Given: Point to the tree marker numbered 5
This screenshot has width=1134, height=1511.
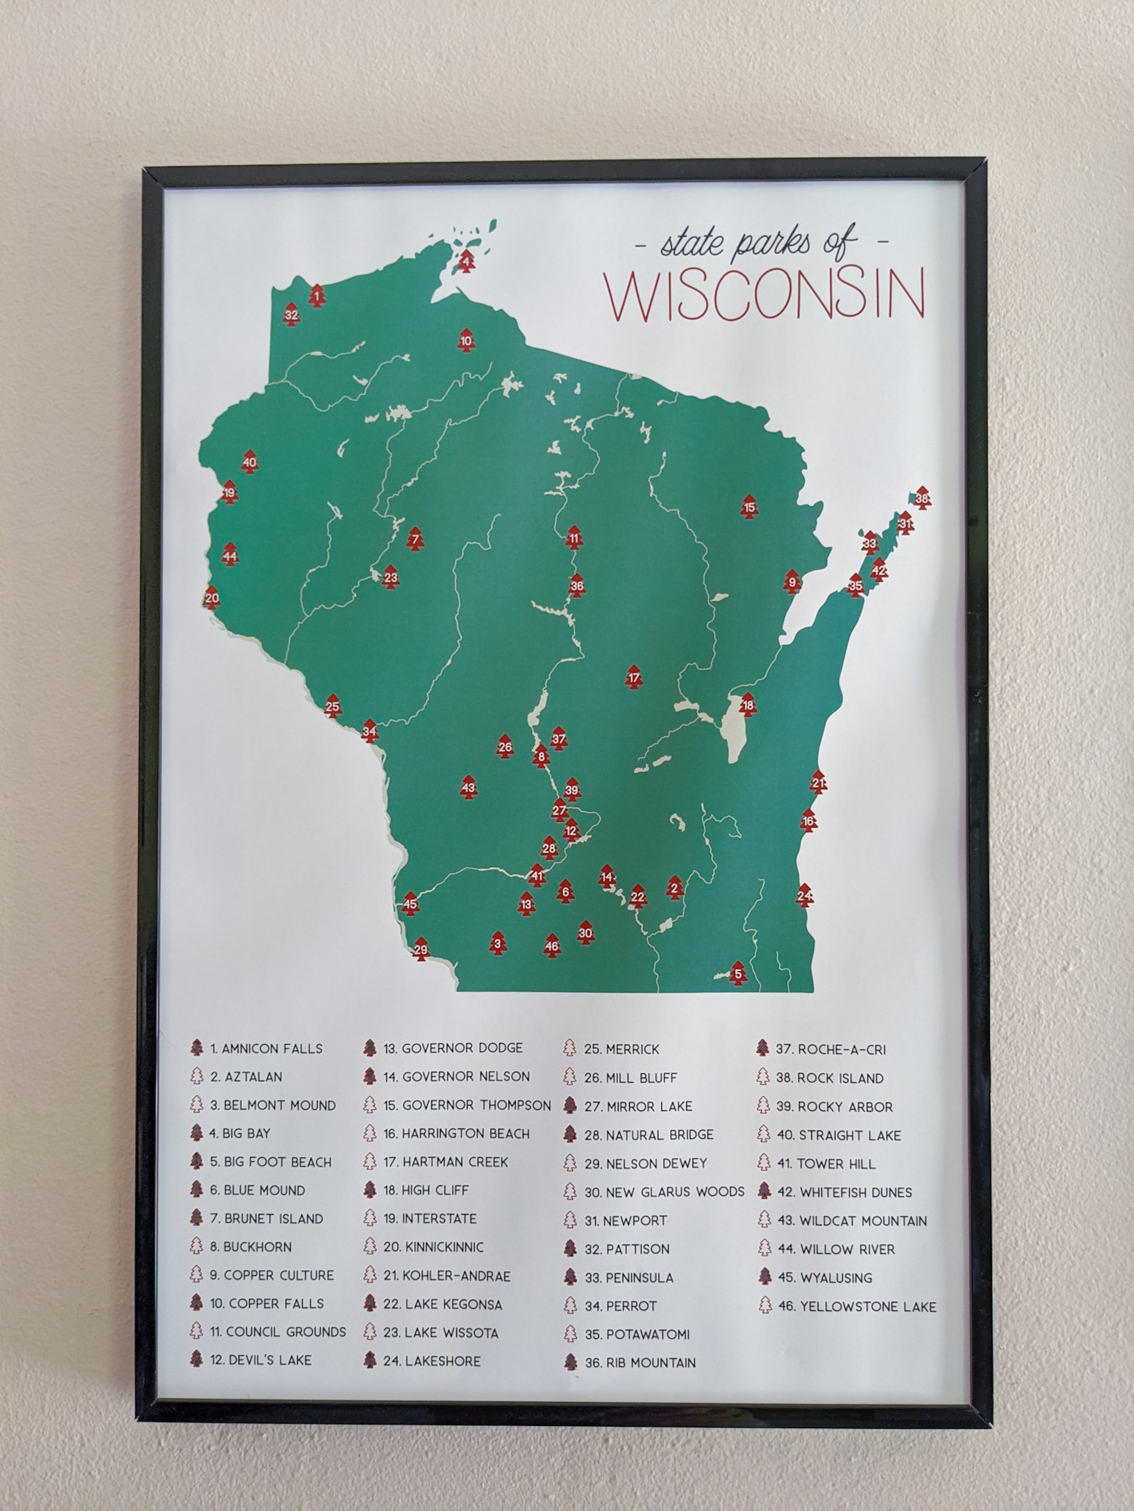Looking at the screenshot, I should point(738,973).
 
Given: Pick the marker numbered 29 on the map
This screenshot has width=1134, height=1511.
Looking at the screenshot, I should point(421,950).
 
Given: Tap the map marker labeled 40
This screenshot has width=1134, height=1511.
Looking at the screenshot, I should point(249,462).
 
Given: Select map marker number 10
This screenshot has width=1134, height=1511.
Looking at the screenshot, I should point(466,341).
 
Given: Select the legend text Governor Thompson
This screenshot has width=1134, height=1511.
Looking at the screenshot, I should point(476,1105).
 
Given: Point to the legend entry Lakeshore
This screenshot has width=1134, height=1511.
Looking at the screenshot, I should point(442,1361).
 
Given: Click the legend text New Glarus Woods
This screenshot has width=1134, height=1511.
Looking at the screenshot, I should point(674,1192).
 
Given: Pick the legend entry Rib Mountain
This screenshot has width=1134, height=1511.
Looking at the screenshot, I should point(650,1363).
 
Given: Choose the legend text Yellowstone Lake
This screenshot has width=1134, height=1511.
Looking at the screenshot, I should point(867,1306).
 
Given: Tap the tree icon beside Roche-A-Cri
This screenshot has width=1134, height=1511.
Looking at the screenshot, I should point(763,1049).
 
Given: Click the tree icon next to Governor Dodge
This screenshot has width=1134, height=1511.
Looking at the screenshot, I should point(369,1048).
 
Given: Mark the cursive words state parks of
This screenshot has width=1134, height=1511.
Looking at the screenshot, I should point(758,244).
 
